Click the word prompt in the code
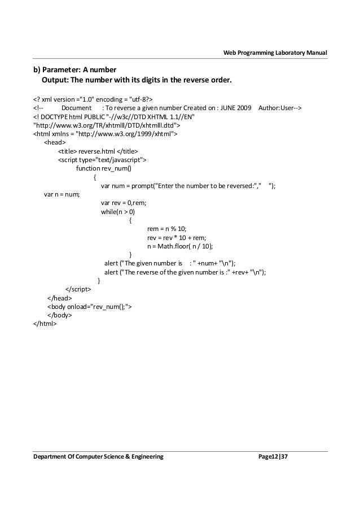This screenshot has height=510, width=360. pos(141,186)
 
